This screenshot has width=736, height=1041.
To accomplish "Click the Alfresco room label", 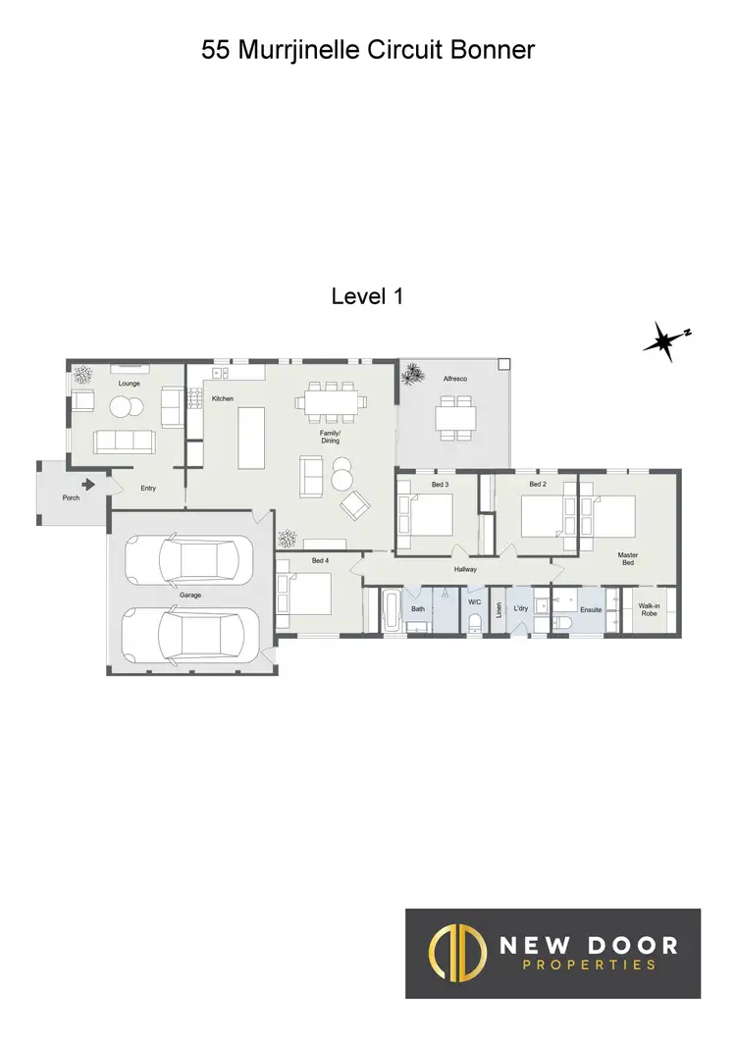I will coord(453,377).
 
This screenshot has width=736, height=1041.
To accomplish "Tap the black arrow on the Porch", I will coord(89,484).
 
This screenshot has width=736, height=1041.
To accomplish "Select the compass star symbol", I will coord(663,340).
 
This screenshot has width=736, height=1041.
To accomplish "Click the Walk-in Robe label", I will coord(649,609).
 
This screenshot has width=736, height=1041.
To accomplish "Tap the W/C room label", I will coord(474,601).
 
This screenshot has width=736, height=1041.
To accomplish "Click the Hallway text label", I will coord(465,569).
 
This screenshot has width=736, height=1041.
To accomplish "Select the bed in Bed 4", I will coord(305,594).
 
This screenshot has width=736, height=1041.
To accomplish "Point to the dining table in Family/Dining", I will coord(332,401).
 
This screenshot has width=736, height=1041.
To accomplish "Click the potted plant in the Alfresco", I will coord(413,373).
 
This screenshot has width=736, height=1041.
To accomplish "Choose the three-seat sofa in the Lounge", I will coord(124,442).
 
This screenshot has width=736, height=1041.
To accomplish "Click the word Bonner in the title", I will coord(492,50).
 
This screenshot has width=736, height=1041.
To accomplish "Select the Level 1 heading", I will coord(367,295).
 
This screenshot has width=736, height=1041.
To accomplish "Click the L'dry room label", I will coord(521,608).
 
